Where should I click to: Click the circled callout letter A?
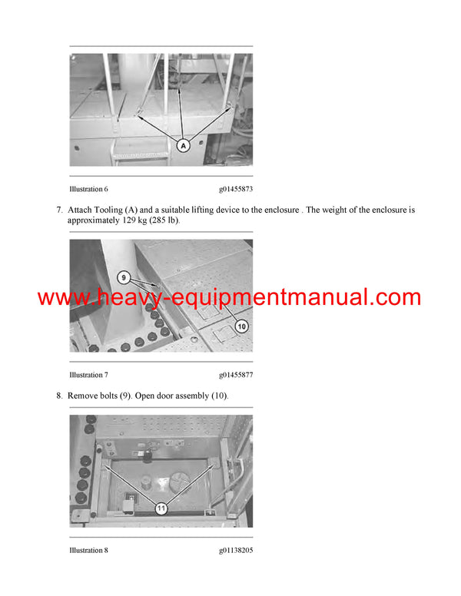click(x=184, y=144)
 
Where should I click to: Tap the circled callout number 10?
click(x=241, y=326)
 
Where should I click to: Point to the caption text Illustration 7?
click(x=88, y=375)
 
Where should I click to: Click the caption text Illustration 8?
click(x=88, y=550)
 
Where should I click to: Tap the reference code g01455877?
click(x=236, y=375)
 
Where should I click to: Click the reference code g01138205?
click(x=236, y=550)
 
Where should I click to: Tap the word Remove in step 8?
click(x=84, y=395)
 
